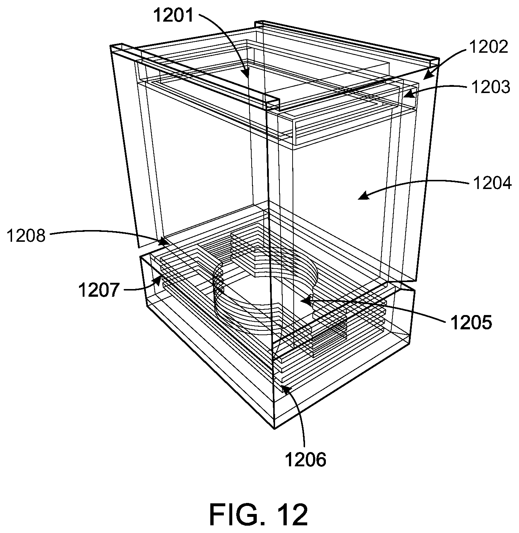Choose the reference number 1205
(x=471, y=322)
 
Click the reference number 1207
(x=99, y=290)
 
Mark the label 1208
(x=26, y=236)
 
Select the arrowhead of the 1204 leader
(x=358, y=198)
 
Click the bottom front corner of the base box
(x=274, y=428)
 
